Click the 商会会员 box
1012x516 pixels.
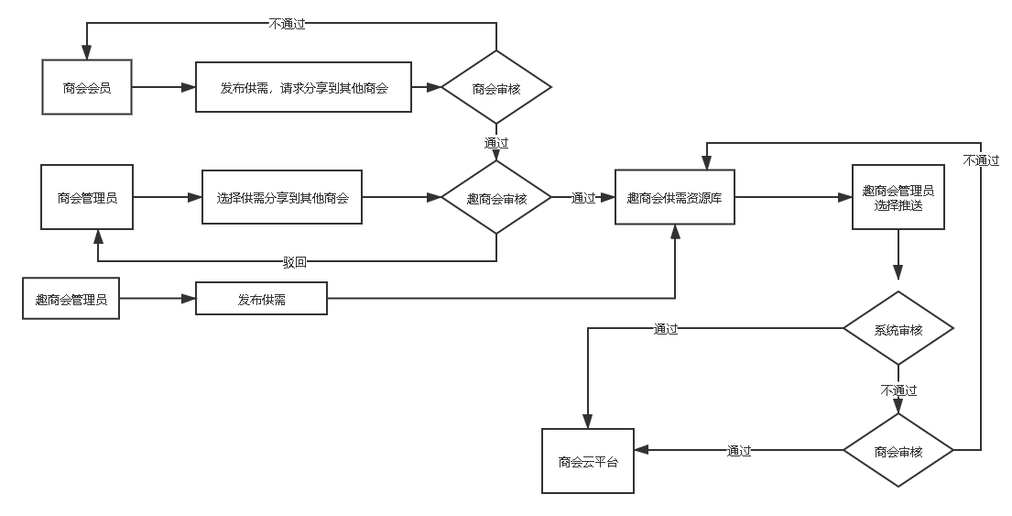point(87,88)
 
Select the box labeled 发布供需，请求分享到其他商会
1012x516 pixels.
point(303,88)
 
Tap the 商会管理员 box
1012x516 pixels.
point(87,197)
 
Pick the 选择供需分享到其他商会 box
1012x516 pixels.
point(282,197)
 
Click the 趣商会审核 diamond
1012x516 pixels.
point(496,198)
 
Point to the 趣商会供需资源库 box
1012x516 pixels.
point(675,197)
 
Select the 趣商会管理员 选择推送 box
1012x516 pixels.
point(898,197)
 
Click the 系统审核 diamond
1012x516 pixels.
point(898,330)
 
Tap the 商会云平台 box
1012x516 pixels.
point(587,462)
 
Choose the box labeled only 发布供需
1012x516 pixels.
point(261,299)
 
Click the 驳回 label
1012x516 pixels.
point(295,262)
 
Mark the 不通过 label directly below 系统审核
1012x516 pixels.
point(898,390)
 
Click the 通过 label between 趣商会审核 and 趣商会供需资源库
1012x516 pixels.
point(583,197)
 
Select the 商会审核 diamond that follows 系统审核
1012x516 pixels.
point(898,451)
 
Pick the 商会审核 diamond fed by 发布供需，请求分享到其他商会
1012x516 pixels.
point(496,88)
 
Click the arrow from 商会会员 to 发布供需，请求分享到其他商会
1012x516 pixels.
point(163,88)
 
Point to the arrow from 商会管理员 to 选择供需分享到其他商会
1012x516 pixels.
point(168,197)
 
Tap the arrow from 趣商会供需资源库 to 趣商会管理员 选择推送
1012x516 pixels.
point(793,197)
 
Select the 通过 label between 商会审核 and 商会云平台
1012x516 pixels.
point(738,450)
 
